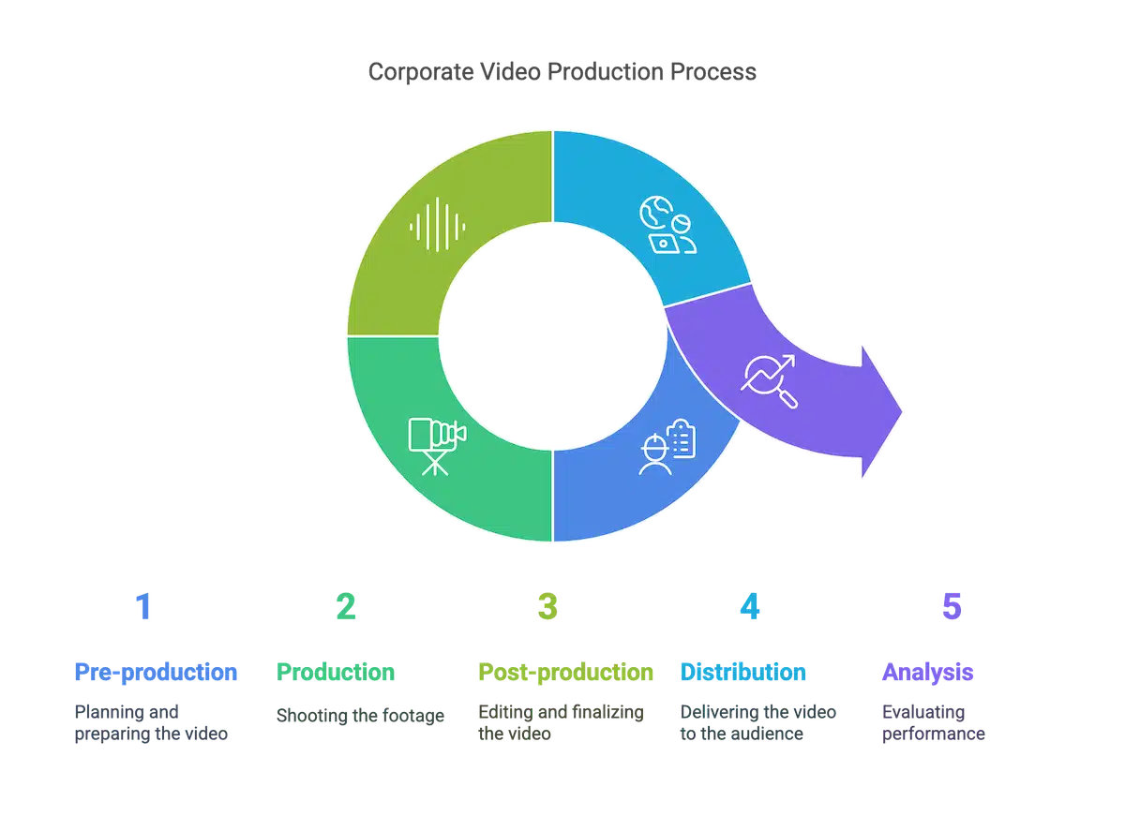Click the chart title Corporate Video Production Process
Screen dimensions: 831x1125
coord(562,72)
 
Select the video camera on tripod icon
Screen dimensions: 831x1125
coord(436,444)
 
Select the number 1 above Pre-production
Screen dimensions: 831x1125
coord(142,607)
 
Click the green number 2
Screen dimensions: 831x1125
coord(345,607)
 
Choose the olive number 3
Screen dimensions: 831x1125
coord(547,607)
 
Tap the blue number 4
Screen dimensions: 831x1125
coord(749,607)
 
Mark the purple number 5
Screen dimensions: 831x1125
coord(952,607)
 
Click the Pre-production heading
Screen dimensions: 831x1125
coord(156,673)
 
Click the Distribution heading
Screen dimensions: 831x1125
coord(743,673)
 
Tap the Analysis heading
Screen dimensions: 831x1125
coord(927,673)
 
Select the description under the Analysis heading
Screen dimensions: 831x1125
coord(932,723)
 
